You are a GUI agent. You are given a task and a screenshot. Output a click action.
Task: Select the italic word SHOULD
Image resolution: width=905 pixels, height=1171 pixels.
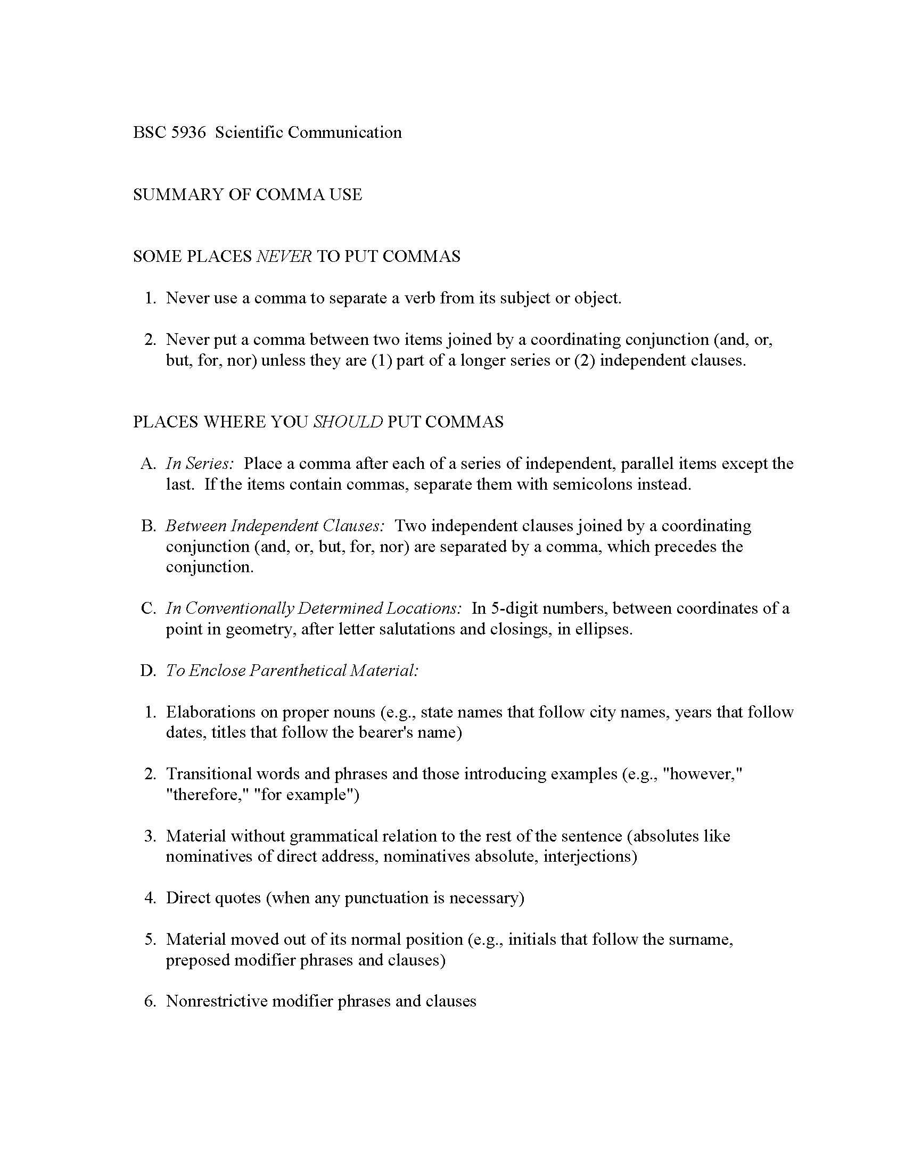(348, 422)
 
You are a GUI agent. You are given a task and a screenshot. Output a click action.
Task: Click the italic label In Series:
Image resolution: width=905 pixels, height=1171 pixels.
(200, 464)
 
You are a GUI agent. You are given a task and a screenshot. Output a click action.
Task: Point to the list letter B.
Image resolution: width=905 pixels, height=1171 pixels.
(147, 526)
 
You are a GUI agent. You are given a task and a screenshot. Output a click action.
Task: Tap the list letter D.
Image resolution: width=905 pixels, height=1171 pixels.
(147, 671)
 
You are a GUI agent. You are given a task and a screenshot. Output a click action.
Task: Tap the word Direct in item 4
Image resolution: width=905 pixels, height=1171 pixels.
(187, 898)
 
